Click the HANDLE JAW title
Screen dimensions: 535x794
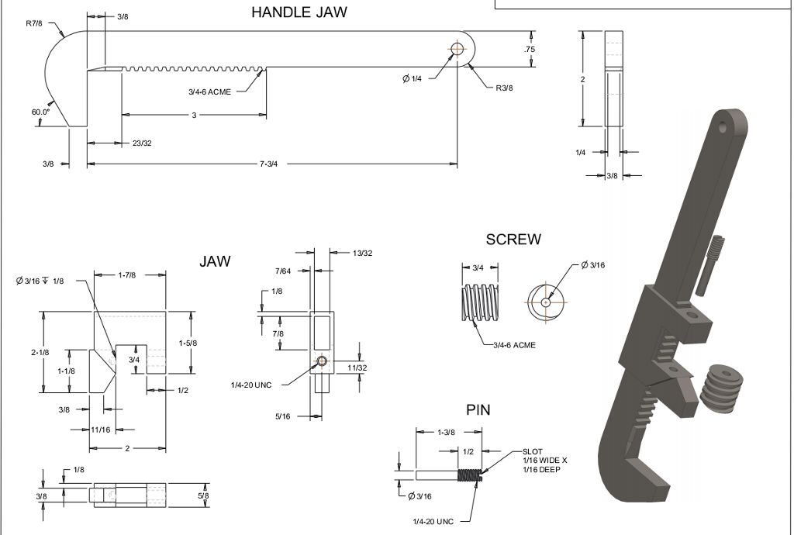click(x=299, y=12)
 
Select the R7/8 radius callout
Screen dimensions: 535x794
click(x=35, y=23)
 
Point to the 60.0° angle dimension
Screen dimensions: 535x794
click(x=40, y=112)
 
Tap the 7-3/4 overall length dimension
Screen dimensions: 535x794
click(x=269, y=164)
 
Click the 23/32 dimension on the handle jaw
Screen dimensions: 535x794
click(x=142, y=143)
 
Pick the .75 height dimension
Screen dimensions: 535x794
click(x=530, y=49)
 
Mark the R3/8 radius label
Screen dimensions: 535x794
click(x=504, y=88)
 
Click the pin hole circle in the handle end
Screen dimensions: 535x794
click(x=456, y=50)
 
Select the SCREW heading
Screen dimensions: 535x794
click(x=513, y=240)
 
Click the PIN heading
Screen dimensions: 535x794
click(x=478, y=409)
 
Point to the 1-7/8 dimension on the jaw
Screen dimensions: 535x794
click(x=129, y=274)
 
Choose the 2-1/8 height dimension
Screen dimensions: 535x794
click(x=40, y=352)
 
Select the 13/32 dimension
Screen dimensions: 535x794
click(x=362, y=253)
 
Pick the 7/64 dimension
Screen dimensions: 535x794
click(x=283, y=271)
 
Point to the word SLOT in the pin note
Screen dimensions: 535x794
click(x=533, y=451)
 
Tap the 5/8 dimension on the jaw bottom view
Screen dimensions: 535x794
click(x=203, y=495)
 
